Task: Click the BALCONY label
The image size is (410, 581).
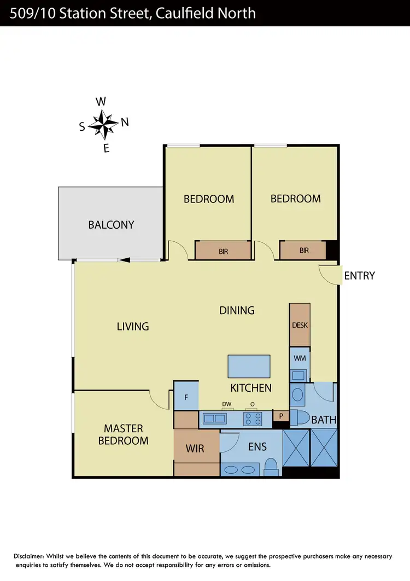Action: (111, 224)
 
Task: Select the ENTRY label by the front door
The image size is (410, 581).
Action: (359, 276)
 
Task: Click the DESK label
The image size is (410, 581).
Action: (300, 325)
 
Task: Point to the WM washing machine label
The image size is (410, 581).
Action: (300, 358)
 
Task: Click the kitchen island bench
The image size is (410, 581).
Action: (249, 366)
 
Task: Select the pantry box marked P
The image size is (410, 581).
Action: (281, 416)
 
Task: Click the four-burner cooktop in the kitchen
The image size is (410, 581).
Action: (252, 419)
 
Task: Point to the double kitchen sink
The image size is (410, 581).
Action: (215, 419)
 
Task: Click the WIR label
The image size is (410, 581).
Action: (195, 449)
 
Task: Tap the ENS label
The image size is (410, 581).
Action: (257, 446)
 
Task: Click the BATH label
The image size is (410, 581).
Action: (324, 420)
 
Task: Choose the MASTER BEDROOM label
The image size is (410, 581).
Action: (123, 434)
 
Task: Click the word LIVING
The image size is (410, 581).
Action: (133, 327)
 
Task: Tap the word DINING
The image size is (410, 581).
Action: (237, 310)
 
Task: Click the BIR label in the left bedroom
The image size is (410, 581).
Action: (223, 252)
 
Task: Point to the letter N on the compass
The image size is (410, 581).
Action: (125, 122)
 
